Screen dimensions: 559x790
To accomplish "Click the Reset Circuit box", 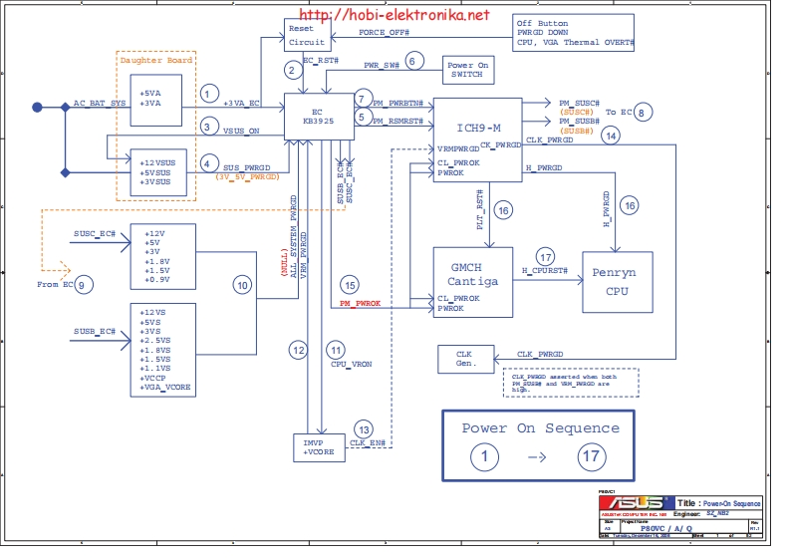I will coord(306,36).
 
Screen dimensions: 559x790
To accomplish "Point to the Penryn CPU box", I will coord(618,281).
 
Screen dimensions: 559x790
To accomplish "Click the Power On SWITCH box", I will coord(468,70).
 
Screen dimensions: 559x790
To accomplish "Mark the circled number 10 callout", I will coord(242,285).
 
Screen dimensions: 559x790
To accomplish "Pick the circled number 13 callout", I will coord(364,428).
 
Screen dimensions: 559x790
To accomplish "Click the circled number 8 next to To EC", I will coord(645,113).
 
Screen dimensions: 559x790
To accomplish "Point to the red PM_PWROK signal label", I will coord(360,302).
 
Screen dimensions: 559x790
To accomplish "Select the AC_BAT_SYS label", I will coord(100,103).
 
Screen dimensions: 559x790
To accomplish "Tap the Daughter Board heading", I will coord(155,60).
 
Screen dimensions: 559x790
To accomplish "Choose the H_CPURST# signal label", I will coord(545,271).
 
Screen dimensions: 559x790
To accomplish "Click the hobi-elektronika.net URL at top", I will coord(395,15).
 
